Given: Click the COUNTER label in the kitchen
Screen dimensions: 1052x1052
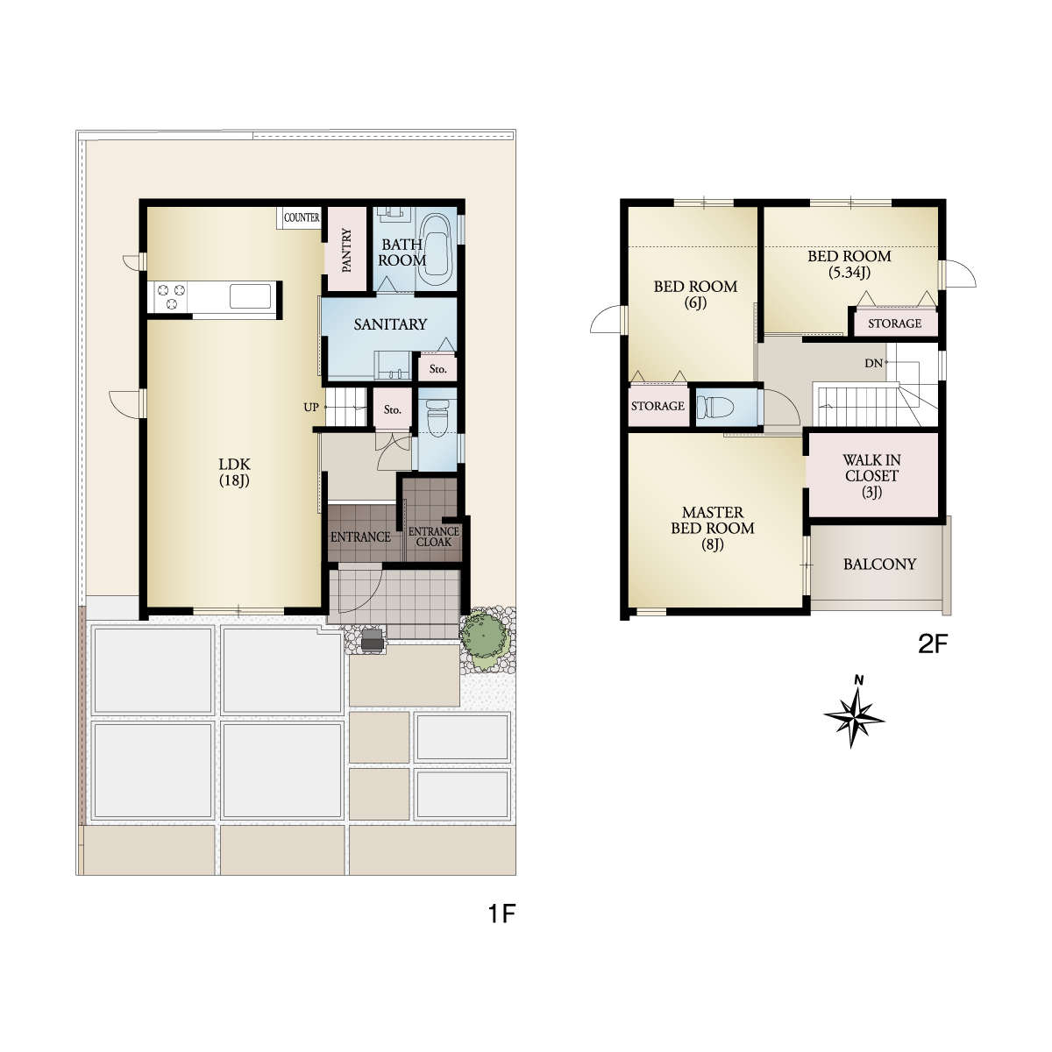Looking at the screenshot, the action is (302, 217).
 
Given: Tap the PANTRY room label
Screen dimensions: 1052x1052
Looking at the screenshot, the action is (346, 250).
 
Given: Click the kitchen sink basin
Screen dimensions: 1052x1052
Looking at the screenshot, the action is (250, 296).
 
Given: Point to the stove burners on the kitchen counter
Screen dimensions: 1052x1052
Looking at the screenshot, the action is (172, 297).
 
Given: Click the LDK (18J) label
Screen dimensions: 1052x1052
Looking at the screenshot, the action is (234, 472).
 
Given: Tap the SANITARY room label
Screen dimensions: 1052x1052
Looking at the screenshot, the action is (390, 324).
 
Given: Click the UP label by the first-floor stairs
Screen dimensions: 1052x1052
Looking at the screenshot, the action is (311, 408).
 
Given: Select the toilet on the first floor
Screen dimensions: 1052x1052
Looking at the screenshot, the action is (437, 418).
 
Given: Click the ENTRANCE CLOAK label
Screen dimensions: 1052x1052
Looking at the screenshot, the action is (434, 537).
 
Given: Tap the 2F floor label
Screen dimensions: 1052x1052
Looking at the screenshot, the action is (933, 644).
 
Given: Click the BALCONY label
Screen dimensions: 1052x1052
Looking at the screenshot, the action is (879, 564).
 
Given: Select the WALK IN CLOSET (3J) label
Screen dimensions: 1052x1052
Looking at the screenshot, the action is (871, 475).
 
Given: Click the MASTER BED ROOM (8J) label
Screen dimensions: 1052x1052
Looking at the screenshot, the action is (713, 528).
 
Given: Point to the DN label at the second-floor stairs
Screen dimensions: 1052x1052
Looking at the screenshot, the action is (873, 363).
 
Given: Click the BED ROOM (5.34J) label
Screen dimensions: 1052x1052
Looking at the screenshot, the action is (849, 264).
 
